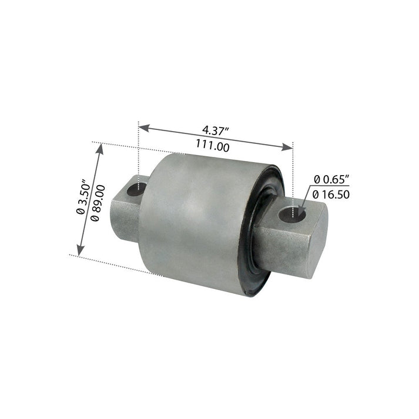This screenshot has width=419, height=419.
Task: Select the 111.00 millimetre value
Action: (x=212, y=147)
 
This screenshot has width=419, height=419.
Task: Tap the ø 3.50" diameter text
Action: (x=83, y=196)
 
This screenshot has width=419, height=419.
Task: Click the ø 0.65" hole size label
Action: (x=331, y=178)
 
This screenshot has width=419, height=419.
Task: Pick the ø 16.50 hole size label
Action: (x=331, y=193)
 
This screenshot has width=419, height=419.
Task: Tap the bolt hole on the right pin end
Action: (x=294, y=216)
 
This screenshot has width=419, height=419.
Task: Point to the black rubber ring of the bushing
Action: (x=254, y=259)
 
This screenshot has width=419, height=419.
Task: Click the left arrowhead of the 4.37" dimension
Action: (x=143, y=126)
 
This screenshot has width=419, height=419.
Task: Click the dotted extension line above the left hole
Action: (x=139, y=153)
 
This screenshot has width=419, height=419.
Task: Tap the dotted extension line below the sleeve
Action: (x=112, y=264)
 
